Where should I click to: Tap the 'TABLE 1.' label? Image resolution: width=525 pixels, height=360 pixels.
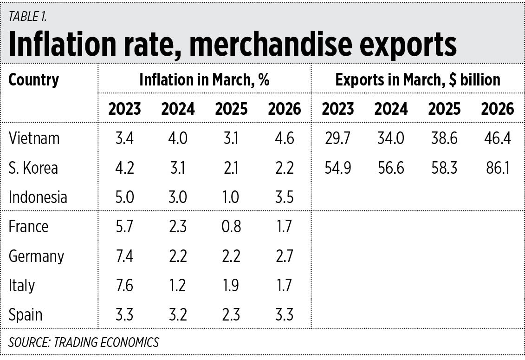(27, 18)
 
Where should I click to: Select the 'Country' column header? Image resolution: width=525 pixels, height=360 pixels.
(34, 80)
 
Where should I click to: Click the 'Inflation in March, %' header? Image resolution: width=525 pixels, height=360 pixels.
(204, 80)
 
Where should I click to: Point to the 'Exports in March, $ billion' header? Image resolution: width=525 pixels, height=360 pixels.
(418, 80)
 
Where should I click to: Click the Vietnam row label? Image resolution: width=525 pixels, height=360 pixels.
(34, 138)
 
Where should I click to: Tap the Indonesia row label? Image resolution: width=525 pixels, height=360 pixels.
(38, 197)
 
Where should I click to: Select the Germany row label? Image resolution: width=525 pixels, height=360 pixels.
(36, 256)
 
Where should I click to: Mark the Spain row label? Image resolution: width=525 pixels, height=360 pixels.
(25, 315)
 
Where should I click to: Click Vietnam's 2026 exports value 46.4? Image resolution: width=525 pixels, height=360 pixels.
(497, 138)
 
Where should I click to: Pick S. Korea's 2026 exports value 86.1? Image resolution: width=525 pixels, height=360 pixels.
(497, 168)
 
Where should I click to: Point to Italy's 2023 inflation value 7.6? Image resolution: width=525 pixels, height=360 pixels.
(124, 285)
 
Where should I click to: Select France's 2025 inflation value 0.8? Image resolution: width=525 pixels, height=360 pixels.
(231, 227)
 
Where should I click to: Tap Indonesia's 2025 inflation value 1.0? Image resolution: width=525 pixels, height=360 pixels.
(231, 197)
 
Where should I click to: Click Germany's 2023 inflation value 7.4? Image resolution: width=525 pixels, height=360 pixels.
(124, 256)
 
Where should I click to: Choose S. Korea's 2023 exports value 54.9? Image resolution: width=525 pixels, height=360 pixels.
(338, 168)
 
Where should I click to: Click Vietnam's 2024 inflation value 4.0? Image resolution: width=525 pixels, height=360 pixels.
(178, 138)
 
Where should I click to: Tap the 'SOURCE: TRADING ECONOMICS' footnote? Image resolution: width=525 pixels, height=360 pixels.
(84, 342)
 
